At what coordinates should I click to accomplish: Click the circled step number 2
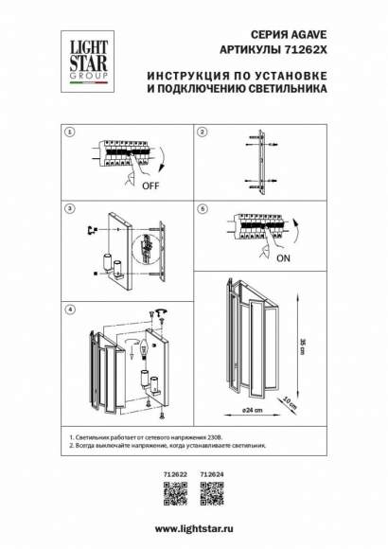(x=202, y=133)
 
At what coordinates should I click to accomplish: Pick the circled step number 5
(x=202, y=205)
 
